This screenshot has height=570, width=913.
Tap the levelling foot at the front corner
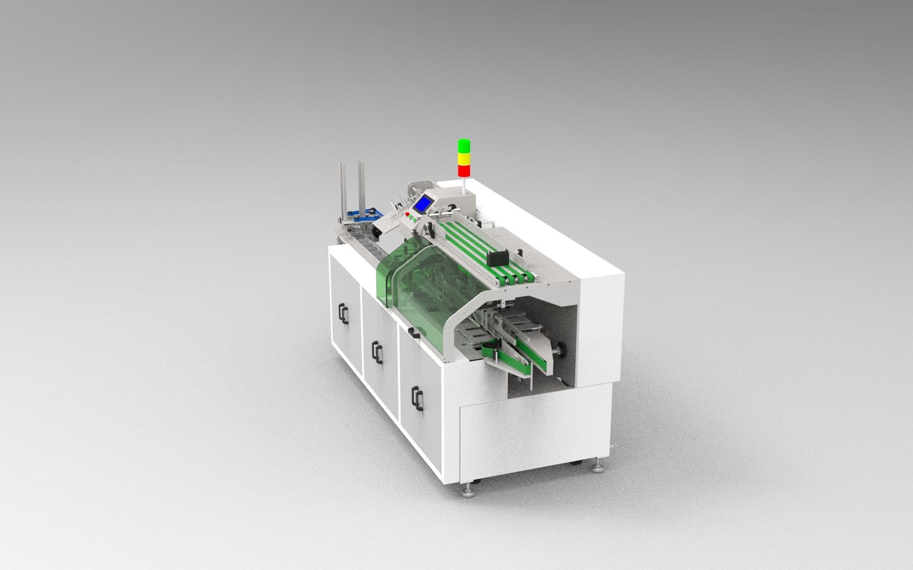[x=468, y=491]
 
